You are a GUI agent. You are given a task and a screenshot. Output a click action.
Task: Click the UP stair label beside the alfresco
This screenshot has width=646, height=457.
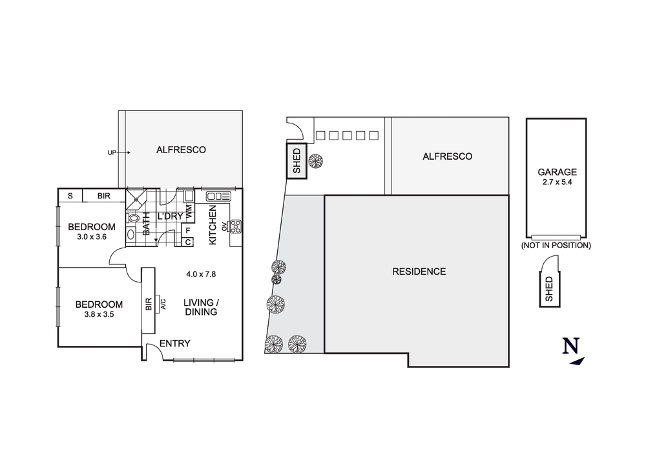111,153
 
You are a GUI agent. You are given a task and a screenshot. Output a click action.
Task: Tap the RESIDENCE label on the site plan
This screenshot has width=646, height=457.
419,271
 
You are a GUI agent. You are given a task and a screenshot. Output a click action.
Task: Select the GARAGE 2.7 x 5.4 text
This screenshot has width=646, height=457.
556,177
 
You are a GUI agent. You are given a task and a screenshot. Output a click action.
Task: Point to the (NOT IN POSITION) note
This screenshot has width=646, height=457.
556,246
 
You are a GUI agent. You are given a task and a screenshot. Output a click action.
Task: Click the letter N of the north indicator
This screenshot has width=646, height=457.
570,346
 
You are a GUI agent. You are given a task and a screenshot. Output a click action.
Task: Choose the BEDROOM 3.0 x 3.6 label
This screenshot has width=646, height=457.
91,231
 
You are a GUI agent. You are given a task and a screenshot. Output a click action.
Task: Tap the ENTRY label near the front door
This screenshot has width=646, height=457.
174,343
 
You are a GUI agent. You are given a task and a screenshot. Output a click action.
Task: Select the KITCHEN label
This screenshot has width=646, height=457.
212,225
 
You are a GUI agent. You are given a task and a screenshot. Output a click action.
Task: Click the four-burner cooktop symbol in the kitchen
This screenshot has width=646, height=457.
235,226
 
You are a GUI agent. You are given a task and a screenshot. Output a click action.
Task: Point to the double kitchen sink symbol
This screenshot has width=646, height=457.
218,196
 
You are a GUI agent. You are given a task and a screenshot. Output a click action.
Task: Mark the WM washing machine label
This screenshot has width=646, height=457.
189,210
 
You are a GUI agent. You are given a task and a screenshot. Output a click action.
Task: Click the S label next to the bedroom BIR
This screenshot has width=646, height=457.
70,196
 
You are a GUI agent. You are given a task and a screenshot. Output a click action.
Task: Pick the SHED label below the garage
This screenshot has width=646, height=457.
549,289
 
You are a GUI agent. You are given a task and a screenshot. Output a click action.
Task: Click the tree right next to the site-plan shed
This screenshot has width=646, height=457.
316,162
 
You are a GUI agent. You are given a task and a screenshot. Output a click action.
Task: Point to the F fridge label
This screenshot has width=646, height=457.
188,230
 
